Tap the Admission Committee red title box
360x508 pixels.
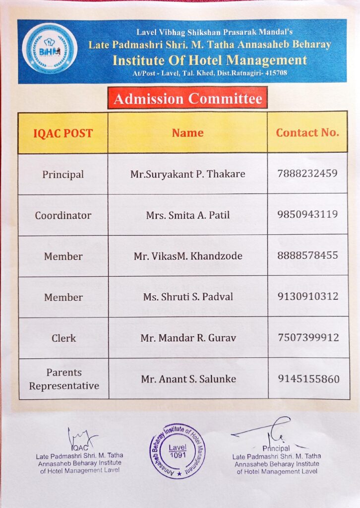click(x=187, y=98)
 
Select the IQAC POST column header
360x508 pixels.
click(x=63, y=133)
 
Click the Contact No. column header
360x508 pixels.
click(x=307, y=132)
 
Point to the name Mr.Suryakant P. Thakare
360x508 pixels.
click(x=187, y=174)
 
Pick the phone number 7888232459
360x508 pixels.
click(x=308, y=174)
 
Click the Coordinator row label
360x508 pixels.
click(x=63, y=215)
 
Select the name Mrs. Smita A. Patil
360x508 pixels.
click(x=187, y=215)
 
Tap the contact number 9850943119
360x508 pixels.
click(x=308, y=214)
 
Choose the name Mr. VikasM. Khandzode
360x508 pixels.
click(x=188, y=256)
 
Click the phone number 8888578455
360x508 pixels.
click(x=308, y=255)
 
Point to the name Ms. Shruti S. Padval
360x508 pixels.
click(x=188, y=297)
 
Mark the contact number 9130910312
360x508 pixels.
click(x=308, y=296)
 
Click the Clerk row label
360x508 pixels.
click(x=63, y=338)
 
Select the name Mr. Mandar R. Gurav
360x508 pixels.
click(x=188, y=338)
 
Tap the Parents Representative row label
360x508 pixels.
click(x=63, y=379)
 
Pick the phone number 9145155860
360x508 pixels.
click(x=308, y=379)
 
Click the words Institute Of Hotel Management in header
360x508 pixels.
click(x=209, y=61)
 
